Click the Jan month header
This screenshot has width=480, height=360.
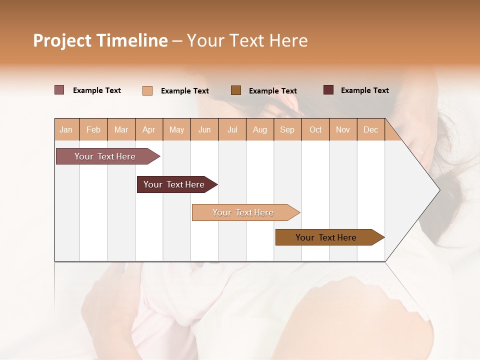click(x=66, y=129)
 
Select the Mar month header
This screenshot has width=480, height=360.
click(x=121, y=129)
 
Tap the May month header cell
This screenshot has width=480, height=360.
click(x=176, y=129)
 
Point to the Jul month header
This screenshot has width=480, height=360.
click(x=232, y=129)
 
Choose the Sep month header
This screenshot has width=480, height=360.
click(x=287, y=129)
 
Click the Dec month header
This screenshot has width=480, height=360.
click(x=370, y=129)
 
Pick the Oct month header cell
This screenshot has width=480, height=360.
click(x=315, y=129)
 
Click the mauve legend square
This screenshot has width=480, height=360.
click(x=59, y=90)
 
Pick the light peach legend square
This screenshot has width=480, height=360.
click(x=147, y=90)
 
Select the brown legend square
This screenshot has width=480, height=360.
click(x=236, y=90)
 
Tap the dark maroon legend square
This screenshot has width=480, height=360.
click(x=328, y=90)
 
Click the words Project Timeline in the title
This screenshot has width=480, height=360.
click(x=100, y=40)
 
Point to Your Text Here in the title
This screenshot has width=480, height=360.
click(x=247, y=40)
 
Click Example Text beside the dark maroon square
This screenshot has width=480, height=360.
click(x=364, y=90)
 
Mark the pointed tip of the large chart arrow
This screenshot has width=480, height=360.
click(x=438, y=190)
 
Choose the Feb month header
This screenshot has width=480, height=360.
click(x=93, y=129)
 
